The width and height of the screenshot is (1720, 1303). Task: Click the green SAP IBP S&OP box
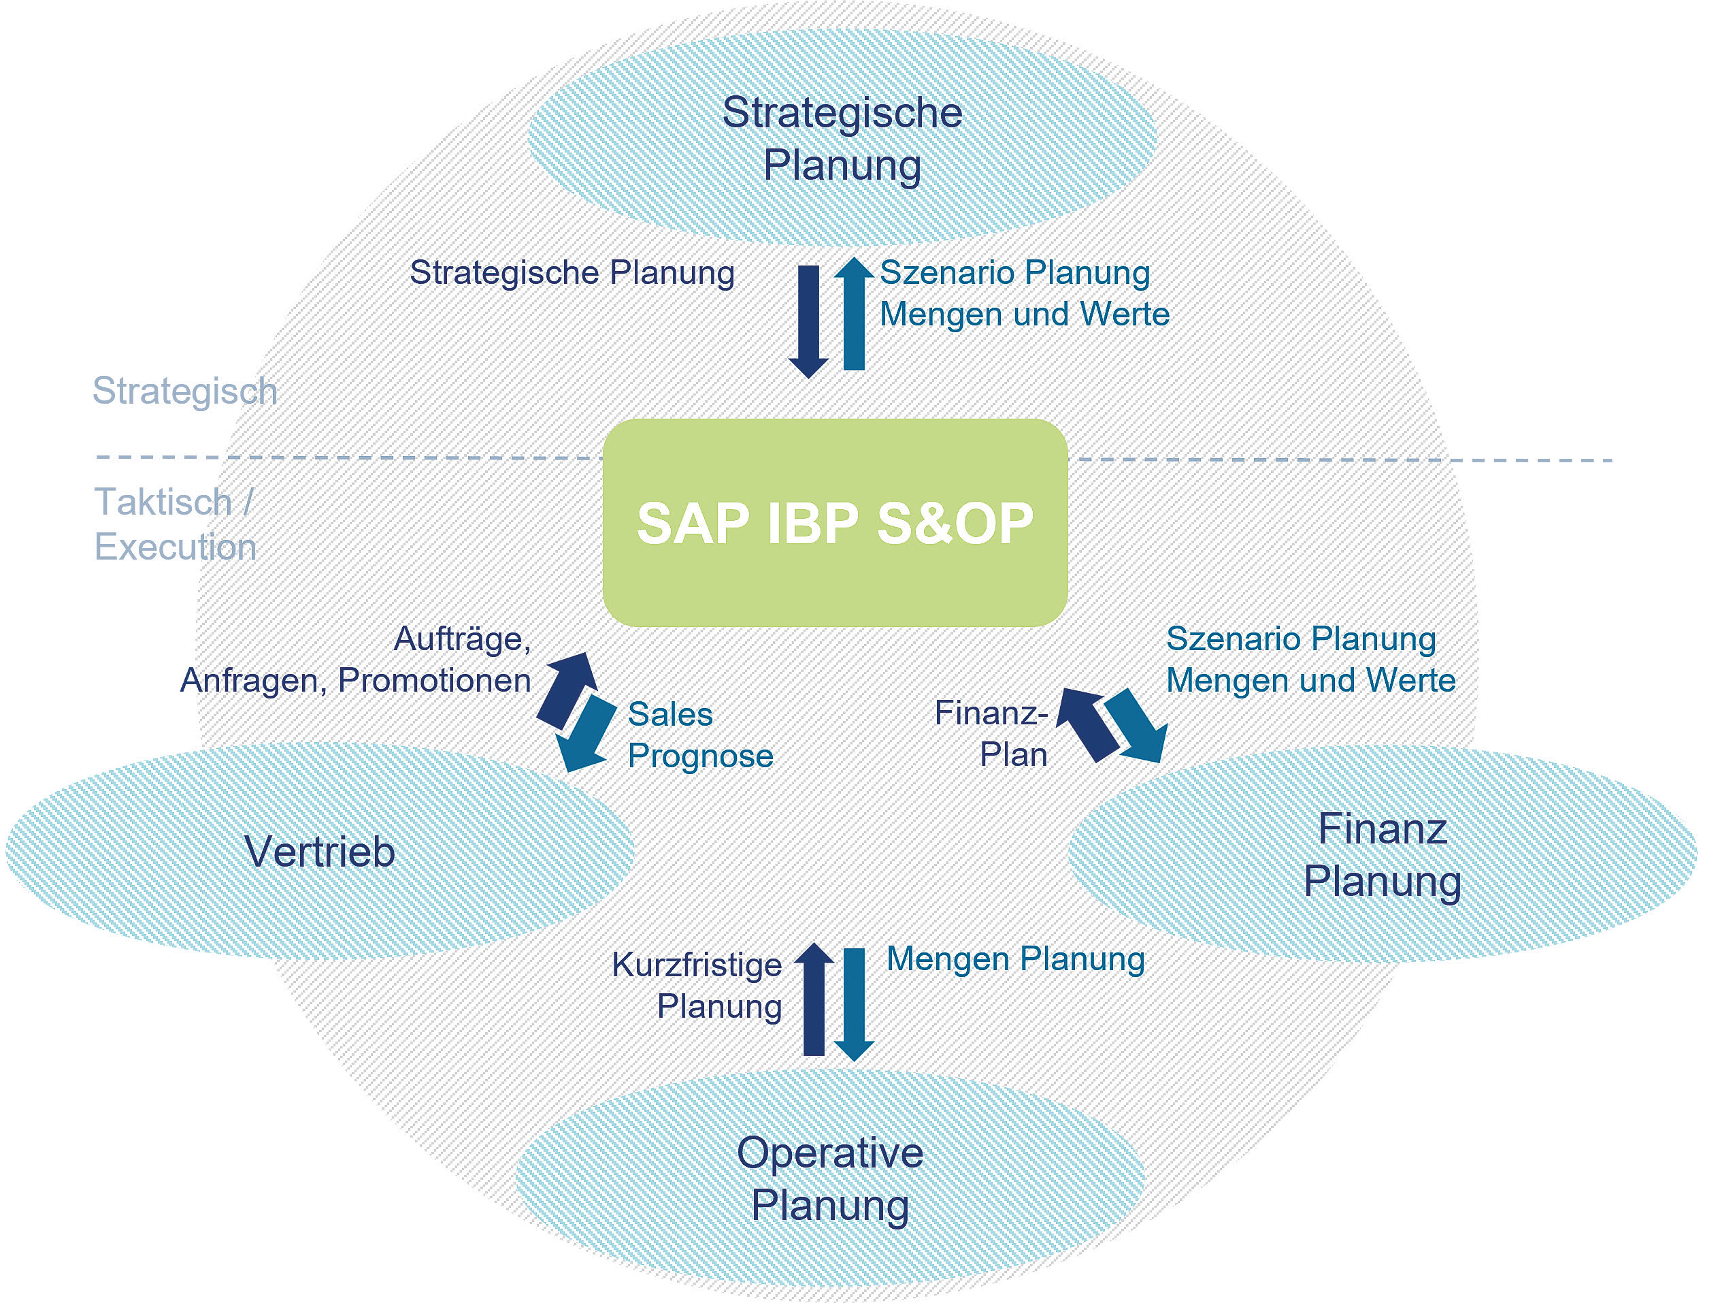[x=834, y=523]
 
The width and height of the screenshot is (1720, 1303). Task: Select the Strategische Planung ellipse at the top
[x=842, y=138]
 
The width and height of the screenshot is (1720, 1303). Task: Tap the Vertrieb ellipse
[x=320, y=851]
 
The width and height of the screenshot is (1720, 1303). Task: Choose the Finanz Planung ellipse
[x=1383, y=854]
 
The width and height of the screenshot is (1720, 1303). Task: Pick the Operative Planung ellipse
[x=829, y=1178]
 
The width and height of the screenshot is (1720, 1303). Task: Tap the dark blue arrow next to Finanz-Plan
[x=1087, y=723]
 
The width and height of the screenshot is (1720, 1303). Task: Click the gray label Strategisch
[x=184, y=391]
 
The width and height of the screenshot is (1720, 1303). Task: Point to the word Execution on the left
[x=175, y=547]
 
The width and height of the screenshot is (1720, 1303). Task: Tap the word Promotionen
[x=434, y=681]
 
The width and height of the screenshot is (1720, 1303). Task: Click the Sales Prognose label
[x=700, y=735]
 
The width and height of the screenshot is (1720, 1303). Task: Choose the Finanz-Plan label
[x=991, y=734]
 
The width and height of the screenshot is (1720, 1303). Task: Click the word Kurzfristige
[x=697, y=965]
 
